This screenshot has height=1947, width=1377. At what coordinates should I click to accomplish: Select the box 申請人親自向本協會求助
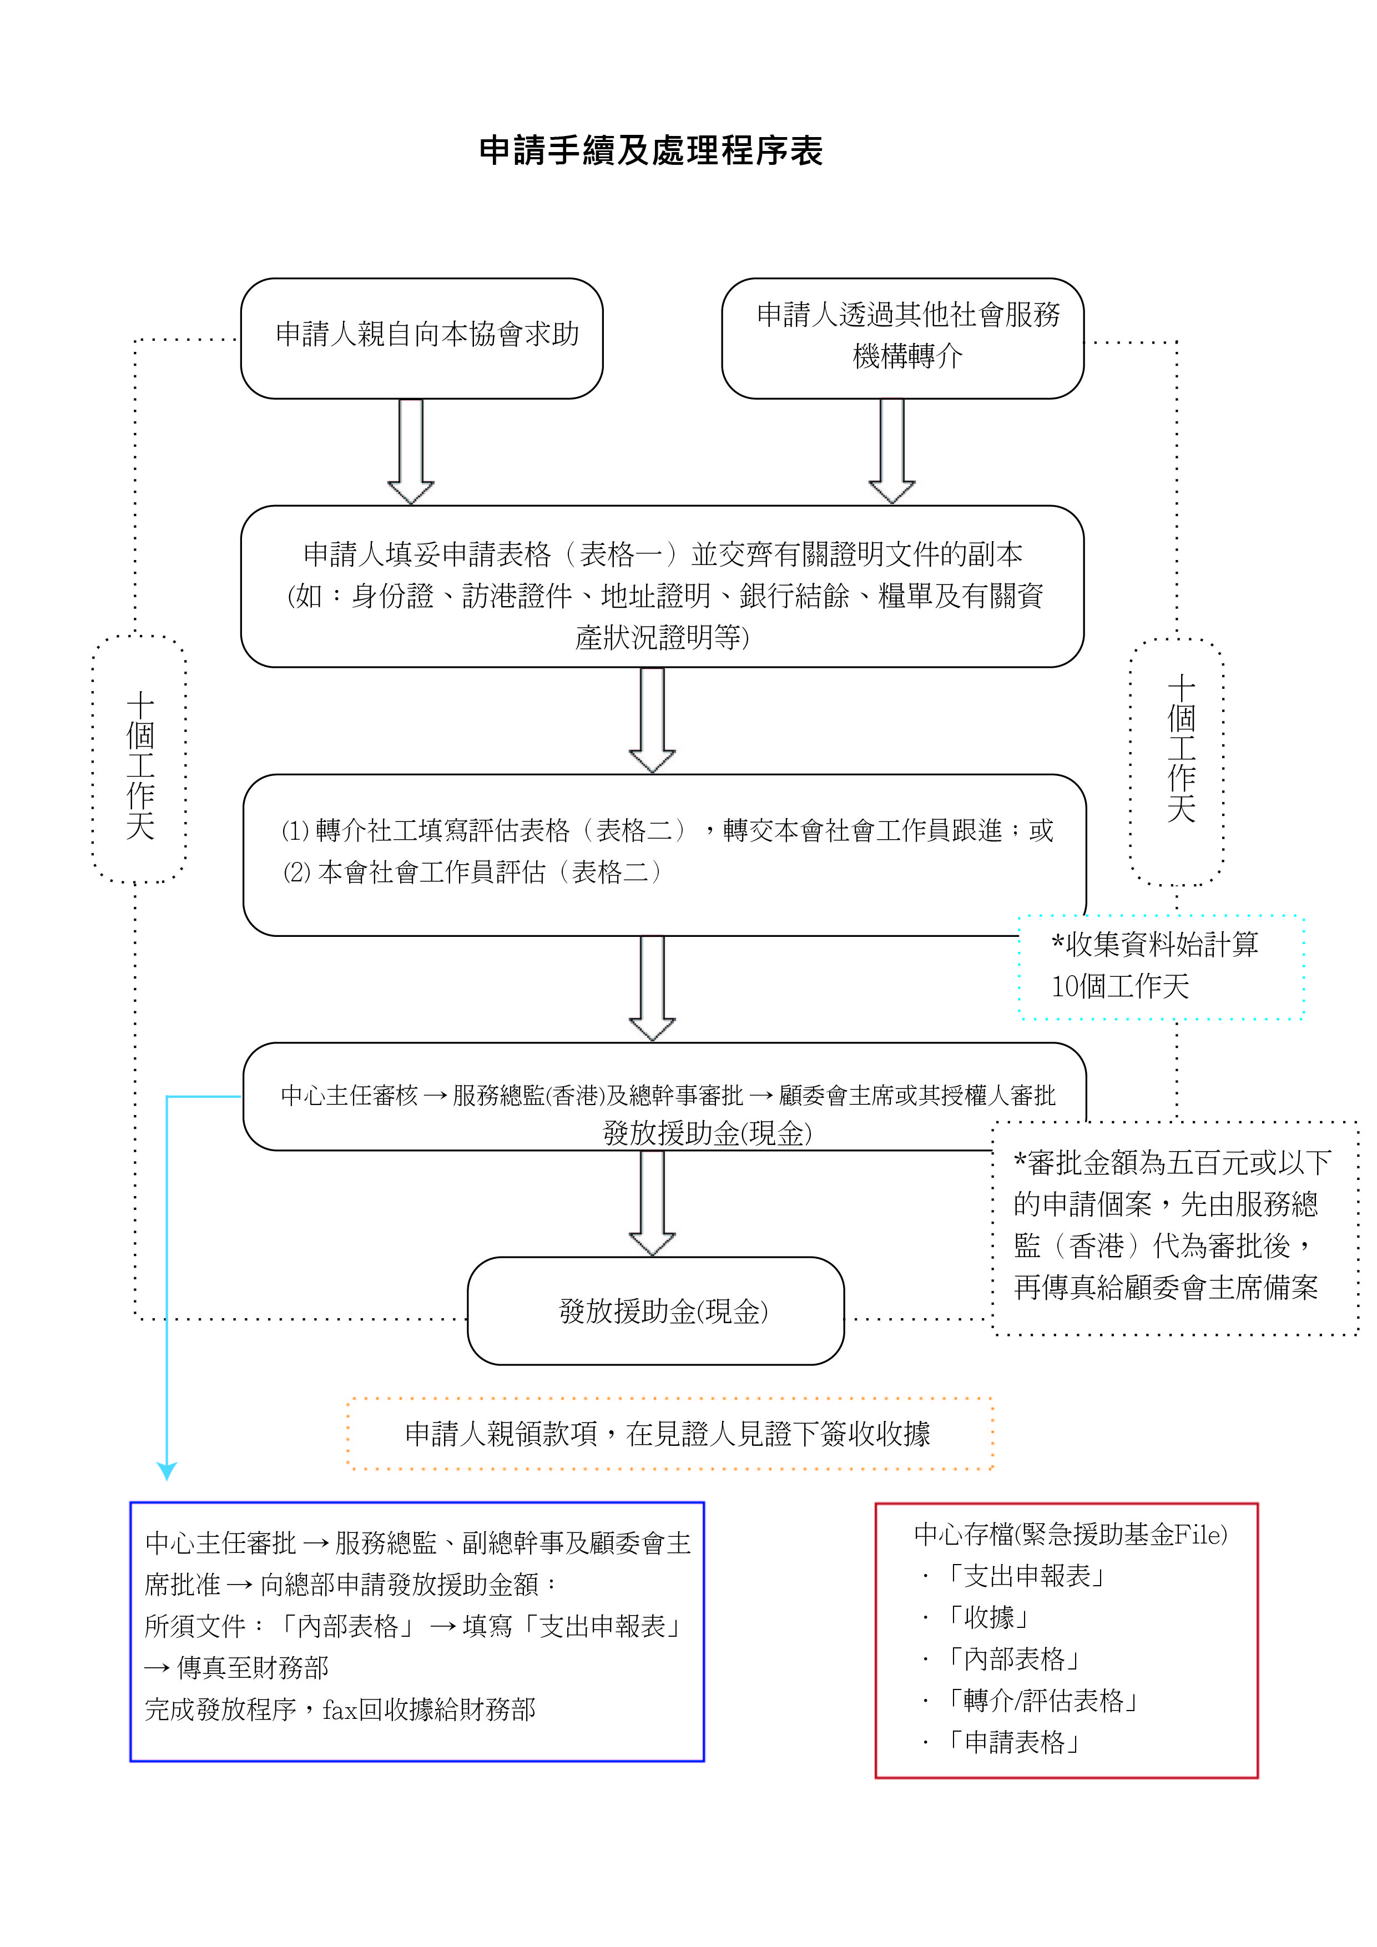[421, 337]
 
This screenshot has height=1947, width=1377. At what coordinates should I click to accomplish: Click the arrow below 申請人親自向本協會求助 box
[410, 451]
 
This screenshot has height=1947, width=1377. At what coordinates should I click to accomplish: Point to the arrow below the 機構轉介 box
[892, 451]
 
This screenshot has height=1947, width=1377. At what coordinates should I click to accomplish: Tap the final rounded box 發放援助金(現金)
[655, 1311]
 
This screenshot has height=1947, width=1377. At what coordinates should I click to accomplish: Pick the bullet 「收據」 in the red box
[988, 1617]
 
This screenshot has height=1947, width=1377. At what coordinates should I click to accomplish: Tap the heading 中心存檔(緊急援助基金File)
[1070, 1534]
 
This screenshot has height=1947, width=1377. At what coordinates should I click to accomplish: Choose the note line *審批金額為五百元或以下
[1172, 1163]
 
